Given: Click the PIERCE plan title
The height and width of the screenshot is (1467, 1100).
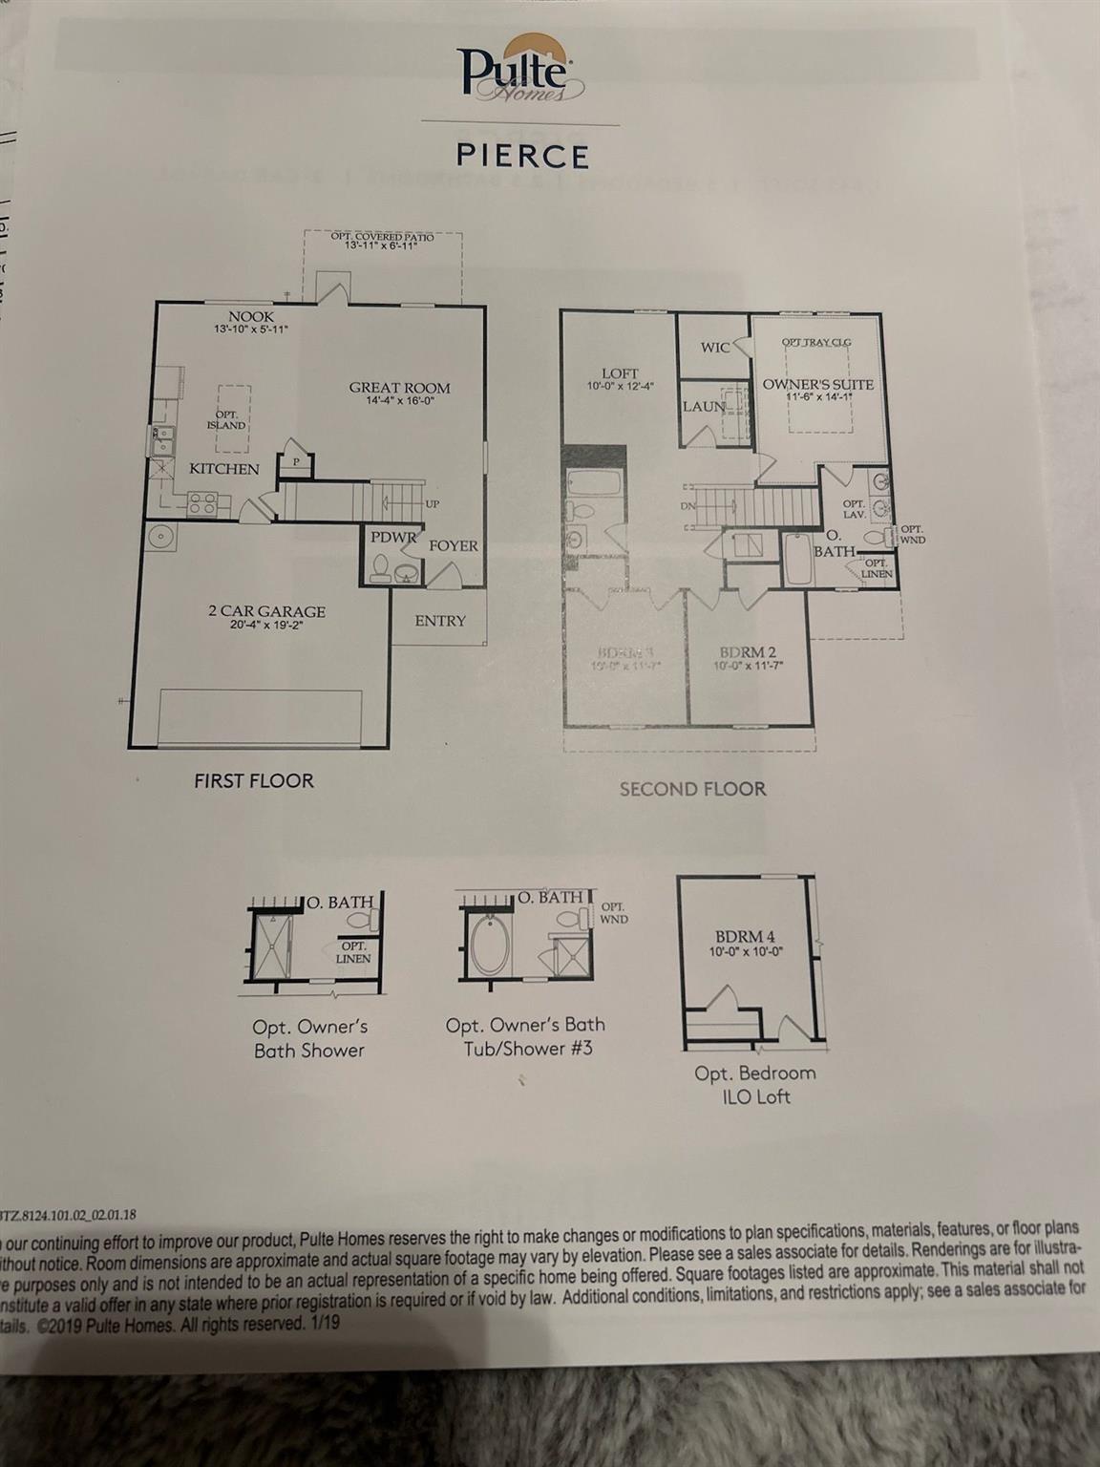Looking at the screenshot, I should pos(521,155).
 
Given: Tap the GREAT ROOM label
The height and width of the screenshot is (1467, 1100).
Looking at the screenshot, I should pos(399,388).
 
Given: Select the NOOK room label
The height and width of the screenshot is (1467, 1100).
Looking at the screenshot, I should pos(250,317).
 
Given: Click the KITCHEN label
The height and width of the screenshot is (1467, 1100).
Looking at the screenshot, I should pos(223,469).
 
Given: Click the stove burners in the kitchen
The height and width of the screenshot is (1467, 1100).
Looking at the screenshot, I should pos(202,503).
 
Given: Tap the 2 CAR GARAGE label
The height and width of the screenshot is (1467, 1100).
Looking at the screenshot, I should pos(266,612).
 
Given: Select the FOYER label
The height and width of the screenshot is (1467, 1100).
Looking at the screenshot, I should pos(453,546).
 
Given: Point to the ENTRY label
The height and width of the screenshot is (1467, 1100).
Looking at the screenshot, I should pos(439,621).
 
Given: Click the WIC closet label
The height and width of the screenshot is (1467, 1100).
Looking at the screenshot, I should pos(714,348).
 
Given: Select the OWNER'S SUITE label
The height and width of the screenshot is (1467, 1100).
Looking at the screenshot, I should pos(817,385).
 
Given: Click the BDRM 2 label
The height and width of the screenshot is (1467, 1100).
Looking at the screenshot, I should pos(748,653).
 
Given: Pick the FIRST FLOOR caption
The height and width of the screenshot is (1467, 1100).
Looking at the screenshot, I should pos(253,781).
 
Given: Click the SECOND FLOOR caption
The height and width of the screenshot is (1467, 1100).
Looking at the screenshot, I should pos(692,789).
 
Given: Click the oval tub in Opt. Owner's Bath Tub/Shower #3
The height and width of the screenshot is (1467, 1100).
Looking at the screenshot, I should pos(490,946).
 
